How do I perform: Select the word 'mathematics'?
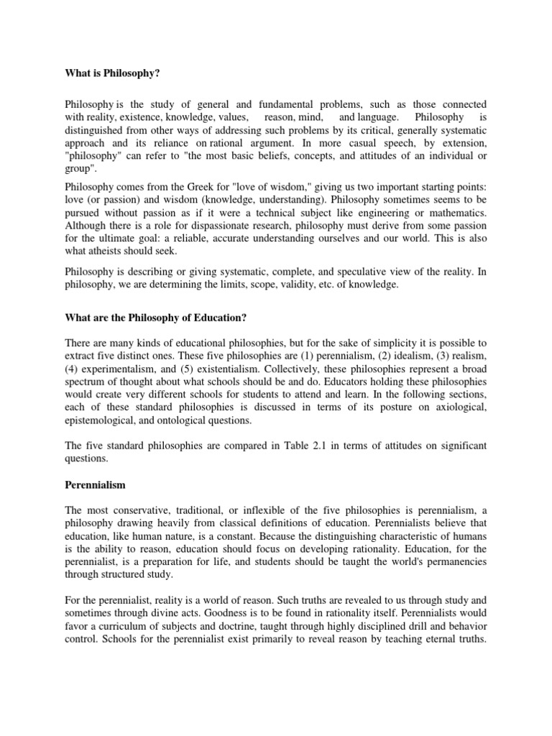pos(454,213)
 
